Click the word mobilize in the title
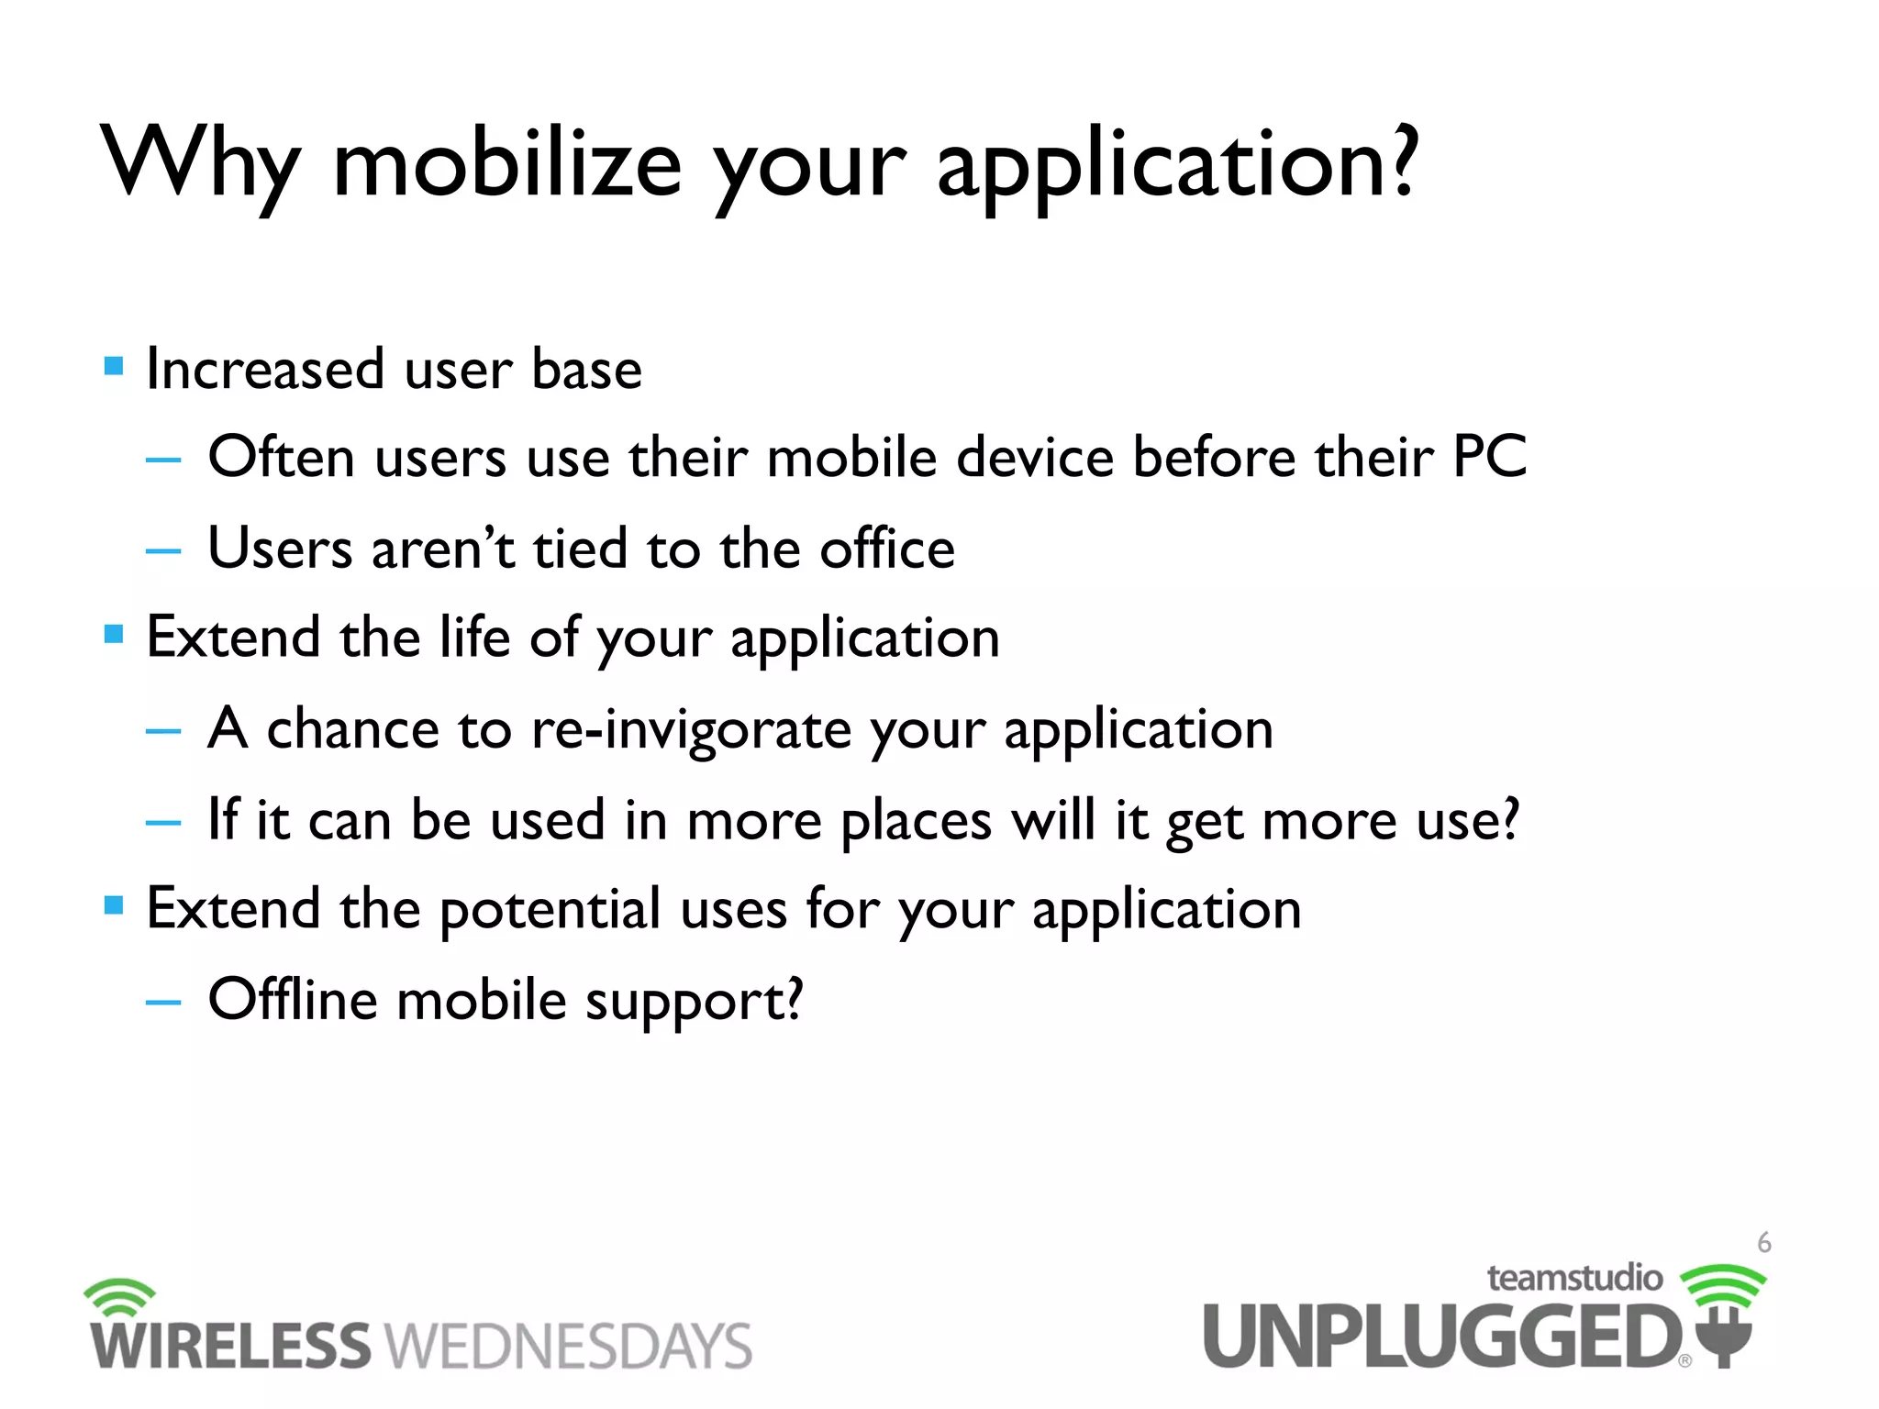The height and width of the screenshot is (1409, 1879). (506, 165)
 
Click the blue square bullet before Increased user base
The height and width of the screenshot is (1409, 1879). (114, 367)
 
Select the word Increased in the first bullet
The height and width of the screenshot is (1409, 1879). (265, 369)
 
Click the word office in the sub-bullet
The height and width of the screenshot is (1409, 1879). (886, 549)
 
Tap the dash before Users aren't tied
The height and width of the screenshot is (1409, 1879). (163, 550)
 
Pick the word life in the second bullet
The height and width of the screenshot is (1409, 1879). (473, 637)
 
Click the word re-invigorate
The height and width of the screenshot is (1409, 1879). (691, 730)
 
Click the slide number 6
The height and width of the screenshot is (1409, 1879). (1763, 1243)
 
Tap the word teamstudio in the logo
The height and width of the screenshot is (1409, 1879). (1573, 1278)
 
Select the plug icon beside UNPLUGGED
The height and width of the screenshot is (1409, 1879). (1725, 1335)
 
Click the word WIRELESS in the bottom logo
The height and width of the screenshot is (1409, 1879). (229, 1346)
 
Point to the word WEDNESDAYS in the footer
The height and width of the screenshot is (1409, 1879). (568, 1346)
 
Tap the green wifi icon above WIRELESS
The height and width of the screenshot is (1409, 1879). (119, 1296)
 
